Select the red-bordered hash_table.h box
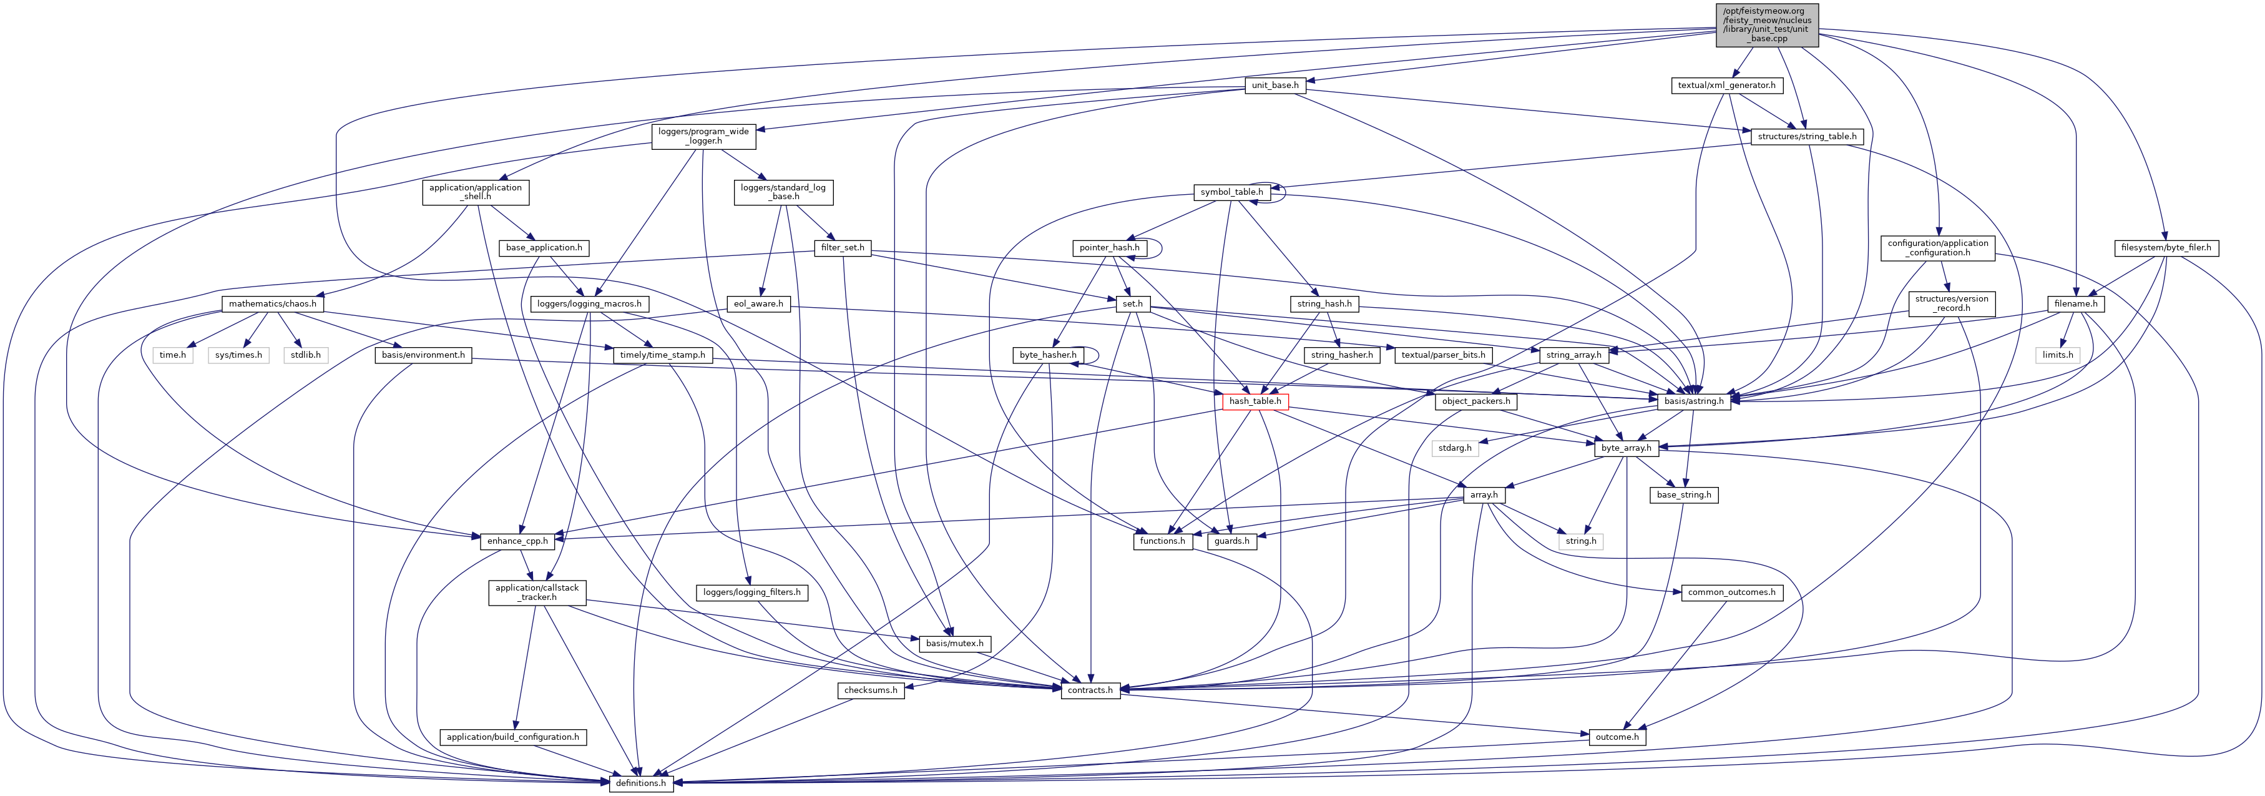(1255, 401)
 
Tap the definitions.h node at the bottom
(641, 783)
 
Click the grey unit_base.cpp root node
(1766, 24)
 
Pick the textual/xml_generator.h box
(1726, 86)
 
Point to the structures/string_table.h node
(1807, 136)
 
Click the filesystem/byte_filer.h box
(2165, 248)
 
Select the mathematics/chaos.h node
(273, 303)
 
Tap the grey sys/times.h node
(238, 355)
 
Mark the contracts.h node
(1089, 690)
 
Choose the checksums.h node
(871, 690)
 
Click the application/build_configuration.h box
(512, 737)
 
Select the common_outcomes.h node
(1730, 592)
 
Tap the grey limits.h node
(2058, 355)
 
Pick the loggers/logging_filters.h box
(752, 592)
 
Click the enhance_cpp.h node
(517, 541)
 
